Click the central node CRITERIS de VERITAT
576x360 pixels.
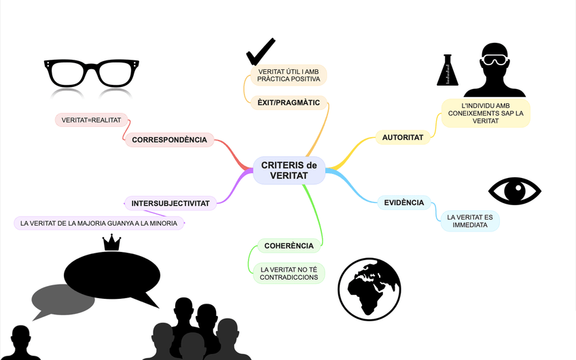tap(289, 170)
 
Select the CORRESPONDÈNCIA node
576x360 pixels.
tap(169, 140)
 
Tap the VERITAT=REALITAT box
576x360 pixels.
tap(91, 120)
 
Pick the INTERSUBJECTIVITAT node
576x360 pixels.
tap(170, 203)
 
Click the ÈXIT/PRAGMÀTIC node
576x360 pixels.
tap(289, 103)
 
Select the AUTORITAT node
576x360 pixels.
tap(403, 137)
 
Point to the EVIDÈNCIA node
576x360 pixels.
tap(404, 202)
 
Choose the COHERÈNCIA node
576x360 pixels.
tap(289, 246)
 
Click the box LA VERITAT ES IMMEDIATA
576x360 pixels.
tap(469, 221)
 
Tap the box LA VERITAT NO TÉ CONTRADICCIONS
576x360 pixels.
tap(289, 273)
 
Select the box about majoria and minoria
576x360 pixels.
tap(98, 223)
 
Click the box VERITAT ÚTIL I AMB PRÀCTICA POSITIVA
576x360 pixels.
tap(289, 75)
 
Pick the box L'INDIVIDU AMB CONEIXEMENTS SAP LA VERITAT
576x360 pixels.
tap(485, 113)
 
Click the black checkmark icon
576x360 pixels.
tap(260, 52)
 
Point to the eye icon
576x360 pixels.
tap(515, 191)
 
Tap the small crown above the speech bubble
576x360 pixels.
tap(111, 242)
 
